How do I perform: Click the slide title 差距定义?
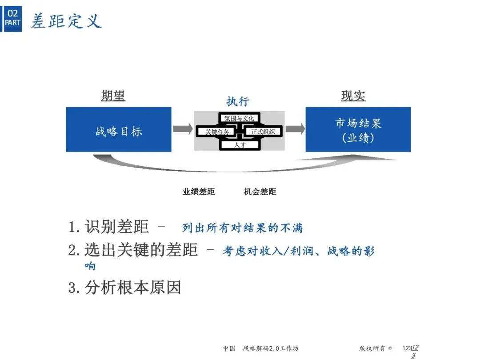tap(66, 20)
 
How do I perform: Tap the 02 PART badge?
tap(12, 18)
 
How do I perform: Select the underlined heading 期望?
tap(113, 96)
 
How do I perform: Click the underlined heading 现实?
tap(353, 96)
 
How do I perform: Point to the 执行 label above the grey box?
tap(238, 101)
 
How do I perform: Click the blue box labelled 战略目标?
tap(119, 129)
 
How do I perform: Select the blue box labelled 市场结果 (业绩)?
tap(358, 129)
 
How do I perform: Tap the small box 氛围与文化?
tap(239, 119)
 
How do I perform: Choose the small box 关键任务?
tap(217, 132)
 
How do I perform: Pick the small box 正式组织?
tap(263, 132)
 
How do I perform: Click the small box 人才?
tap(240, 144)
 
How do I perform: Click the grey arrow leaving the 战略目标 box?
tap(182, 129)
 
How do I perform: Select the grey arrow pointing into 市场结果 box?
tap(295, 129)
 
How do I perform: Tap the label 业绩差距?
tap(199, 192)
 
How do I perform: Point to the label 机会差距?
tap(260, 192)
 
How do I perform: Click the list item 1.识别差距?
tap(109, 227)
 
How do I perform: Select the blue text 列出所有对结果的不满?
tap(243, 228)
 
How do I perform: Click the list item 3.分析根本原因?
tap(125, 288)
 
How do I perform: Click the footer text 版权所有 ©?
tap(376, 348)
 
